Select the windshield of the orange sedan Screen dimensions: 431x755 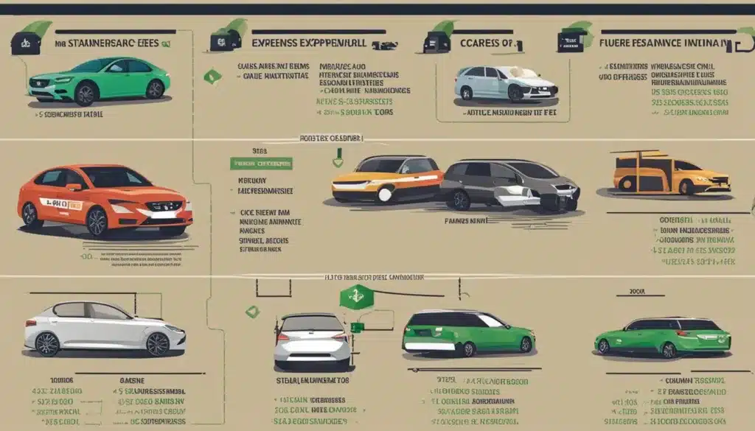[114, 178]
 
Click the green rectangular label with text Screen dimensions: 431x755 [261, 163]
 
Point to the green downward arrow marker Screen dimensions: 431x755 [338, 157]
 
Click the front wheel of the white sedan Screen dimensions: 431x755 [156, 343]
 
